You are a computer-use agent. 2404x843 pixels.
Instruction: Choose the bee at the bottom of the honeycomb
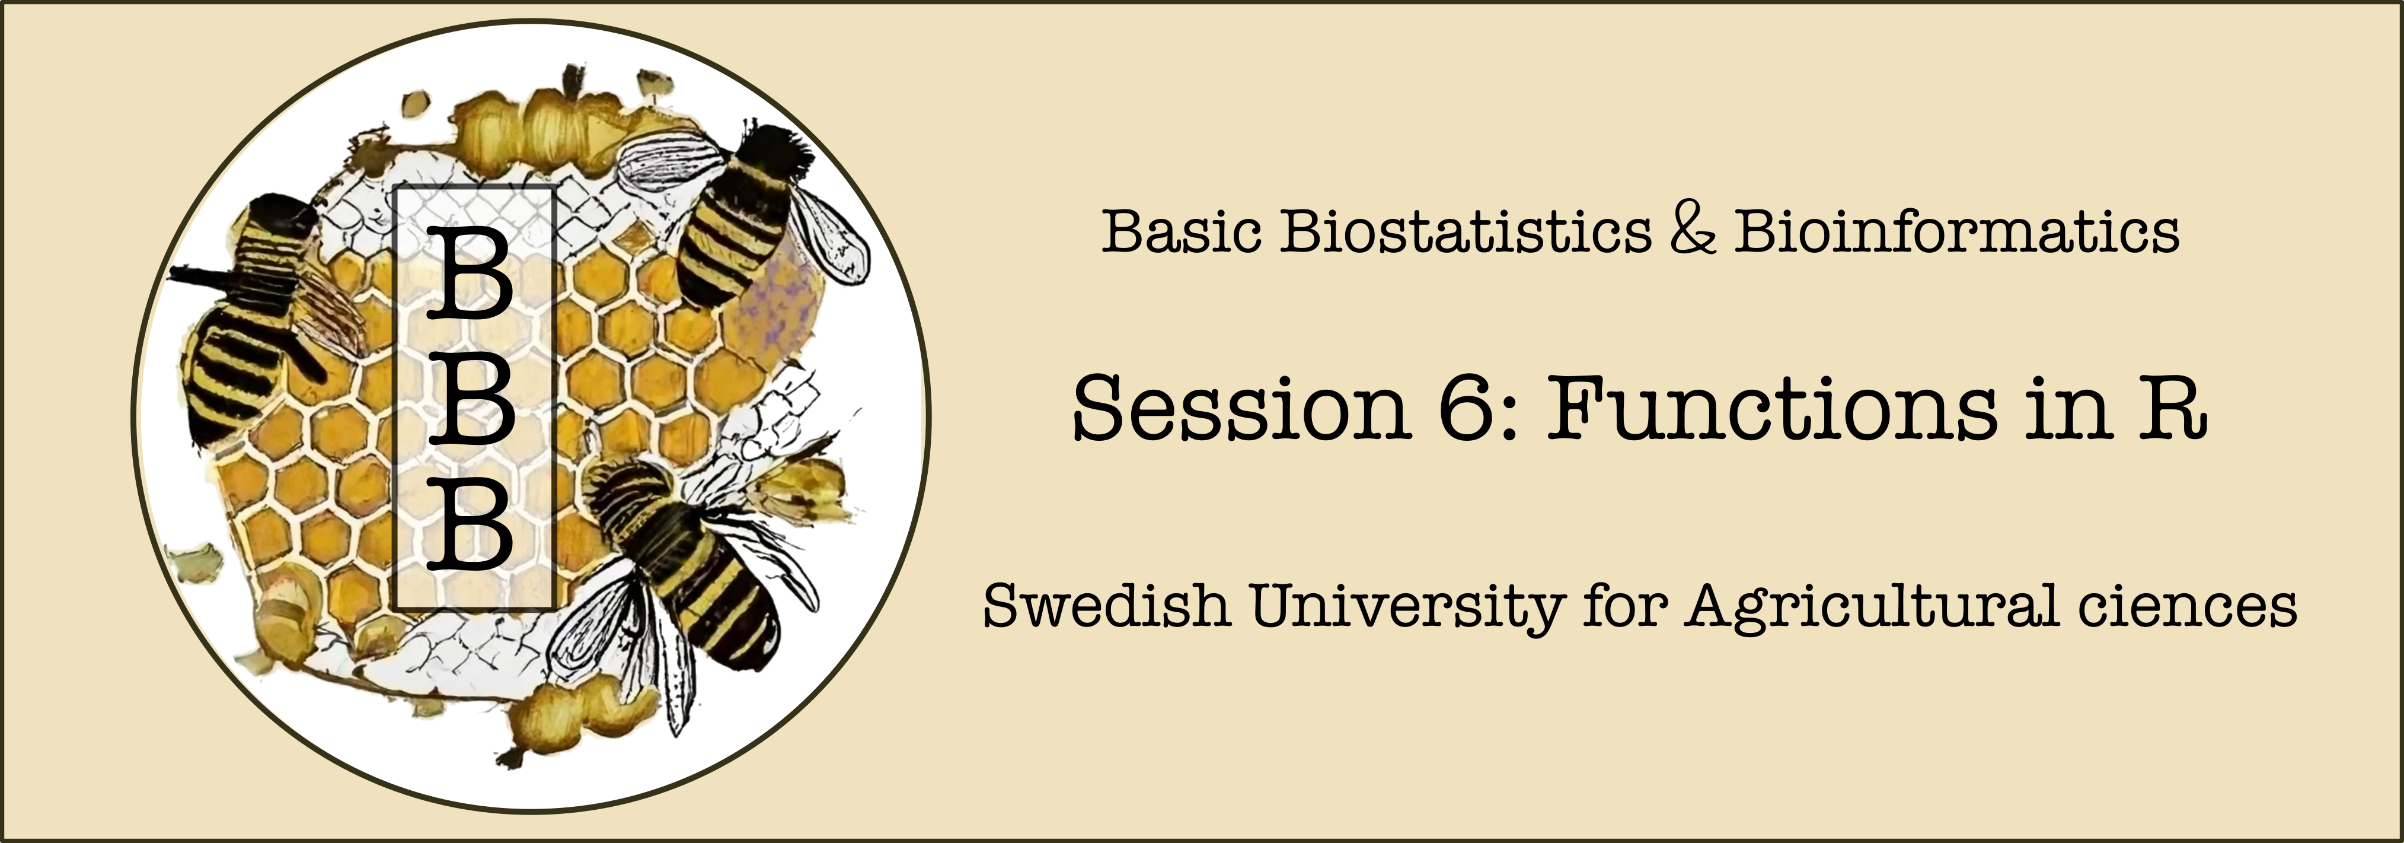(691, 579)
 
